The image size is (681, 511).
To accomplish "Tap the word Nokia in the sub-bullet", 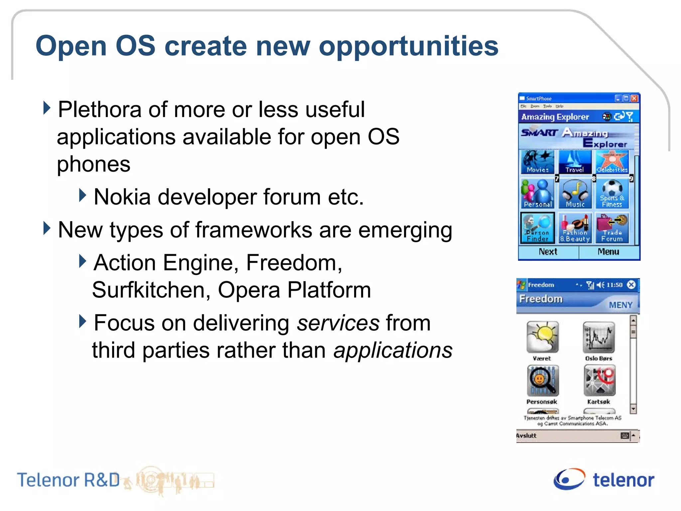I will coord(122,197).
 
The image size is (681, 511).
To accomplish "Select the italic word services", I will coord(338,323).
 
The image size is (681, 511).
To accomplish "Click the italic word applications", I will coord(393,350).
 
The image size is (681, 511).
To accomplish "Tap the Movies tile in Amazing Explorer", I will coord(537,162).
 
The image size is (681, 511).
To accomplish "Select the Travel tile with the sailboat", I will coord(575,162).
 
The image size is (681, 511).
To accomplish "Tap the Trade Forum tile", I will coord(612,228).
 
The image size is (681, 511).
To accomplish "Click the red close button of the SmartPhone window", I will coord(634,98).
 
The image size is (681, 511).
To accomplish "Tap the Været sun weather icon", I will coord(542,337).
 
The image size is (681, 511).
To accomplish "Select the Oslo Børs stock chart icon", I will coord(599,337).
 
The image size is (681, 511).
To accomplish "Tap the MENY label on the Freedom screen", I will coord(620,305).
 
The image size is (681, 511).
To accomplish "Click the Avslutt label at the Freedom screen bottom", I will coord(526,435).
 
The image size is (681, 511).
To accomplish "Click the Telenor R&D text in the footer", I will coord(68,480).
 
